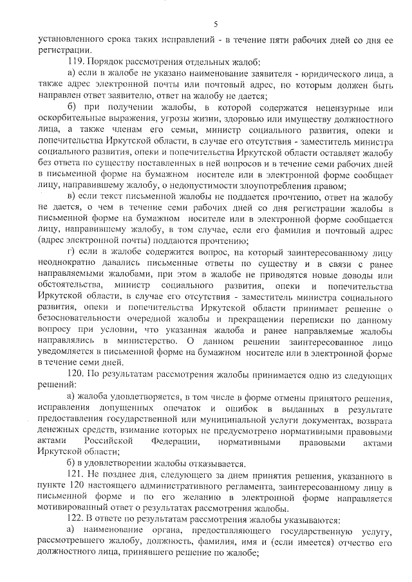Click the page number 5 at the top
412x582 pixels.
pyautogui.click(x=216, y=24)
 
